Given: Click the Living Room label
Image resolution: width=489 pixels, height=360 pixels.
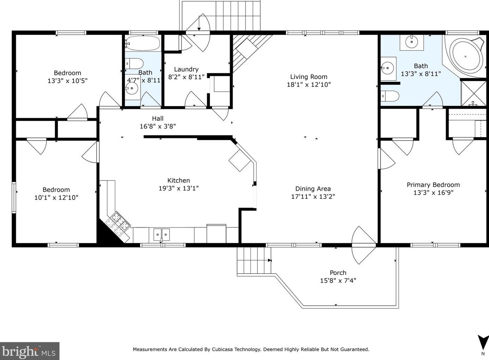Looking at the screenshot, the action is [309, 77].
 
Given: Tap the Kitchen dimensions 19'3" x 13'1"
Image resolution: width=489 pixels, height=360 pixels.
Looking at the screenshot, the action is [179, 188].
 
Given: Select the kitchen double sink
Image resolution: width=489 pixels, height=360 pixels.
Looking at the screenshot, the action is [161, 234].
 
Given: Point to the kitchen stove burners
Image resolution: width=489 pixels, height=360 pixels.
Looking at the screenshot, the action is [118, 221].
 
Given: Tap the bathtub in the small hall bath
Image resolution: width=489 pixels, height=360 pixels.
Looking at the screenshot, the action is [143, 43].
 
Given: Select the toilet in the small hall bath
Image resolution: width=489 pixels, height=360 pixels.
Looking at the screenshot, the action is [135, 63].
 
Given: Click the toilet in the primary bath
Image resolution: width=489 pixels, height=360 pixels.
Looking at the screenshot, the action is [390, 96].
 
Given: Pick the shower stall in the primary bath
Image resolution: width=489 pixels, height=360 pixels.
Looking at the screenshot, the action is [474, 93].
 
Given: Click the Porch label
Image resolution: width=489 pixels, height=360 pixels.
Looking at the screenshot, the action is [338, 273].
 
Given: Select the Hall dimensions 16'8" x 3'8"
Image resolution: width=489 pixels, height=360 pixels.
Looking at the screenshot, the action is [157, 126].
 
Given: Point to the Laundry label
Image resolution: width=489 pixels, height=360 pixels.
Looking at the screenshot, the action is [186, 69].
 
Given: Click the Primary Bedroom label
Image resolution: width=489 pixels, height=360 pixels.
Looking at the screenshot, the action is [433, 185].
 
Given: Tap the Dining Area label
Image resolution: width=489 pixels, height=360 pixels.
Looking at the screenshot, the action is [313, 189].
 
